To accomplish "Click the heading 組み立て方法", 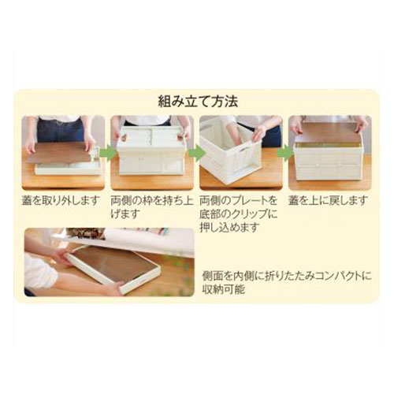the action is tap(198, 102).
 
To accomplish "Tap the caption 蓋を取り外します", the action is tap(61, 201).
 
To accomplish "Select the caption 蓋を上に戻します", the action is tap(327, 201).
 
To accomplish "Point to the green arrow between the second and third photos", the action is tap(197, 154).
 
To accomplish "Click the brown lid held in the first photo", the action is tap(61, 152).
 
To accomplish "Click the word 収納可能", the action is tap(224, 289).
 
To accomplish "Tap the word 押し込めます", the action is tap(230, 227).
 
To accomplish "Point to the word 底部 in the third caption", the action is tap(210, 214).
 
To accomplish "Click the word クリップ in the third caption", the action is tap(249, 214).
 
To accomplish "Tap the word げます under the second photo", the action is tap(124, 214).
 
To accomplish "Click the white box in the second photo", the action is tap(151, 151).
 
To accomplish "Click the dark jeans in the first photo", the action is tap(61, 131).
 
